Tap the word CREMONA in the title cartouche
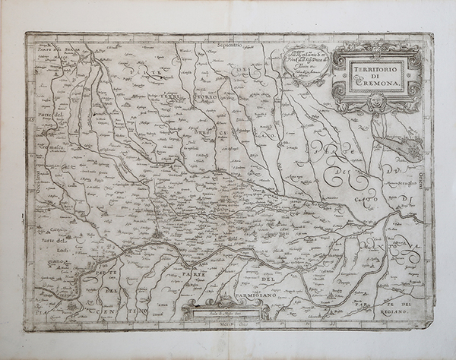tap(377, 82)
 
